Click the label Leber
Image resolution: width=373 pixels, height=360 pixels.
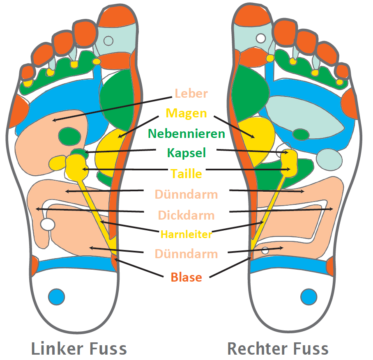(x=191, y=93)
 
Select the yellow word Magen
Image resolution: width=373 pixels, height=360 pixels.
(x=186, y=113)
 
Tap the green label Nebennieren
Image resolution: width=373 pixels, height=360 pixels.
(x=186, y=133)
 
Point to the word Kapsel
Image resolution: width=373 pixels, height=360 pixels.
(x=186, y=153)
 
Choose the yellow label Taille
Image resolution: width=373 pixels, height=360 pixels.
(x=186, y=174)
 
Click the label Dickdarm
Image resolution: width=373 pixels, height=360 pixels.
(x=186, y=215)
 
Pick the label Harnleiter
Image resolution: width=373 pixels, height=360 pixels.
(x=186, y=234)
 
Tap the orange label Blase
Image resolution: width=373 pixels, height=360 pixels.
(x=186, y=277)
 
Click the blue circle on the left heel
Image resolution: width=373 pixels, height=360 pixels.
(x=56, y=296)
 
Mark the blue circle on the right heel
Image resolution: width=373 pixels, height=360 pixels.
(x=309, y=296)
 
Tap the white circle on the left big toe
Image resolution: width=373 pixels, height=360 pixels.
(x=108, y=41)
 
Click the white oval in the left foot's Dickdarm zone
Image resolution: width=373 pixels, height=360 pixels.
(x=48, y=224)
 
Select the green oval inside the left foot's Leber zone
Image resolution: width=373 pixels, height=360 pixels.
(x=69, y=135)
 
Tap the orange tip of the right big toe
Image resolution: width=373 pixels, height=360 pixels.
(x=251, y=15)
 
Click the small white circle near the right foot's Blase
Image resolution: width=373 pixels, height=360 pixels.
(x=265, y=250)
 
